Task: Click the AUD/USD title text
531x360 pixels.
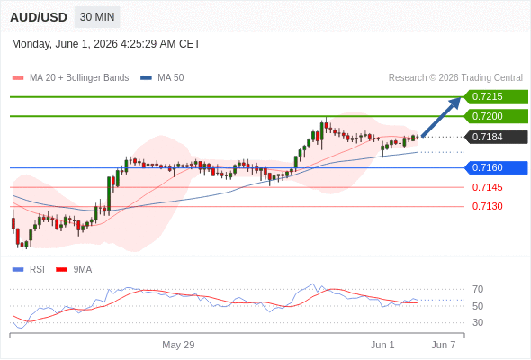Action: click(x=39, y=17)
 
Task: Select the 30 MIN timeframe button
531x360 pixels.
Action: click(x=97, y=17)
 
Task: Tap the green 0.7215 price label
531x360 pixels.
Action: click(x=496, y=97)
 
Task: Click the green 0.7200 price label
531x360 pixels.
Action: click(x=496, y=116)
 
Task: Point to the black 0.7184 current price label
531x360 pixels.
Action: click(x=496, y=137)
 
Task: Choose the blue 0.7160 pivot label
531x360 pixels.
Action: click(x=496, y=167)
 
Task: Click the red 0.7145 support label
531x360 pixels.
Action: click(x=487, y=187)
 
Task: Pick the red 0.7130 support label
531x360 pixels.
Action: click(x=487, y=206)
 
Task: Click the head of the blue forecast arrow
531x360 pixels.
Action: click(x=457, y=101)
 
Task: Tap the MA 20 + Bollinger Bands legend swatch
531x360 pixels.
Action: click(x=18, y=78)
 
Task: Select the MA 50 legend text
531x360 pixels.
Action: click(x=171, y=78)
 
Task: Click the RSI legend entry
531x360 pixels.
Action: click(x=29, y=270)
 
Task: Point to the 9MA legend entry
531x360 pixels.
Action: click(x=74, y=270)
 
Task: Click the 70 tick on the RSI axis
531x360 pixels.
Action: click(x=478, y=289)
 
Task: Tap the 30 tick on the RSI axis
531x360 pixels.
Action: click(x=478, y=322)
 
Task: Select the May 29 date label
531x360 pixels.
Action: click(x=178, y=345)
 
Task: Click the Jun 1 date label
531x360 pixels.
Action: click(x=382, y=345)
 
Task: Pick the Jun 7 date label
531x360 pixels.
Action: click(x=444, y=345)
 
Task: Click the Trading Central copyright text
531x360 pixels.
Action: click(x=455, y=78)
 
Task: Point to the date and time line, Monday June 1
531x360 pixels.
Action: click(x=106, y=44)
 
